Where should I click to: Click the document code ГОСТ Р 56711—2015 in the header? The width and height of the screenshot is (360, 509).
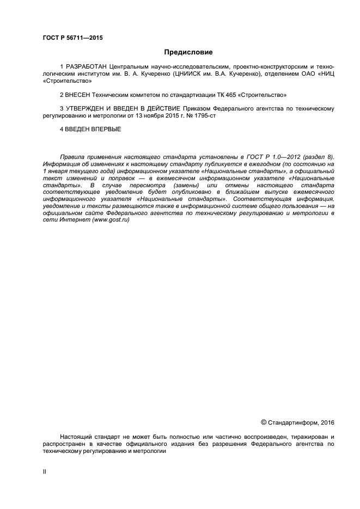click(x=72, y=38)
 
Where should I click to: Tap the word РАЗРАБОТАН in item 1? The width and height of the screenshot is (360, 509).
click(x=83, y=66)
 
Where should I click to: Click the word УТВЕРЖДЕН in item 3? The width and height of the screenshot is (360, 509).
click(x=88, y=109)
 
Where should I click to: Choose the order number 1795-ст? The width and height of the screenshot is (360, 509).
click(x=202, y=116)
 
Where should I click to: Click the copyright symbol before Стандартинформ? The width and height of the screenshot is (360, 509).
click(x=264, y=422)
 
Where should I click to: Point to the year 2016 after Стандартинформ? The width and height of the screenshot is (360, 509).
click(x=328, y=422)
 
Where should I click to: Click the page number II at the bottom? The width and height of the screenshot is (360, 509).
click(x=45, y=471)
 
